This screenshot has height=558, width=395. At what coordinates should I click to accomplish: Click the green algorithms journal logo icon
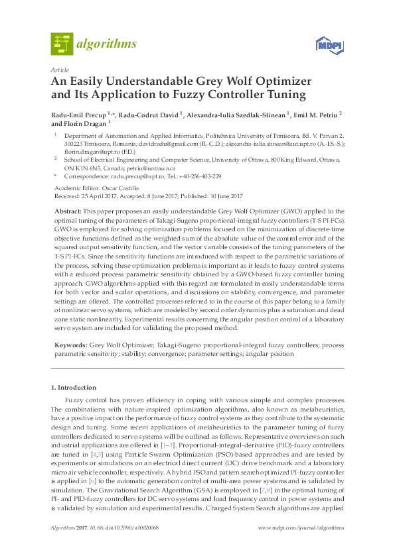point(62,44)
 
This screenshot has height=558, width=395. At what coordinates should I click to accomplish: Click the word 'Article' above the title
point(59,70)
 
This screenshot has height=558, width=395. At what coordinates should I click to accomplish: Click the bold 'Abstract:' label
point(68,209)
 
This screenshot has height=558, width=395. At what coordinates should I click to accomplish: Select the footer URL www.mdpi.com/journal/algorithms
point(301,528)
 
